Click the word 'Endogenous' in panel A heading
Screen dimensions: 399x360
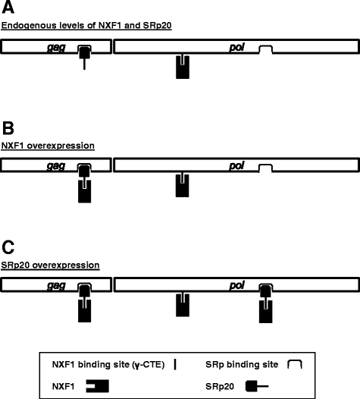(26, 26)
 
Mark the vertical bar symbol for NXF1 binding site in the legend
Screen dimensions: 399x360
(176, 365)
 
